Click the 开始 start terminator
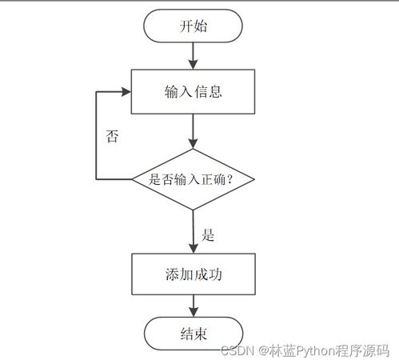193,26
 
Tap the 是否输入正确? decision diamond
193,180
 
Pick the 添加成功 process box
193,274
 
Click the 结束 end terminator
193,333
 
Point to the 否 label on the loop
113,136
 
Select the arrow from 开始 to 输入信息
193,54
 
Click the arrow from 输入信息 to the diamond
193,130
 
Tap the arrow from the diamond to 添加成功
193,232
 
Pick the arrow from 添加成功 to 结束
193,305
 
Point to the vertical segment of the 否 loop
96,136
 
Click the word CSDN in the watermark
237,351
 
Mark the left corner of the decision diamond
132,180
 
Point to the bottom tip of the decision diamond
193,210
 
